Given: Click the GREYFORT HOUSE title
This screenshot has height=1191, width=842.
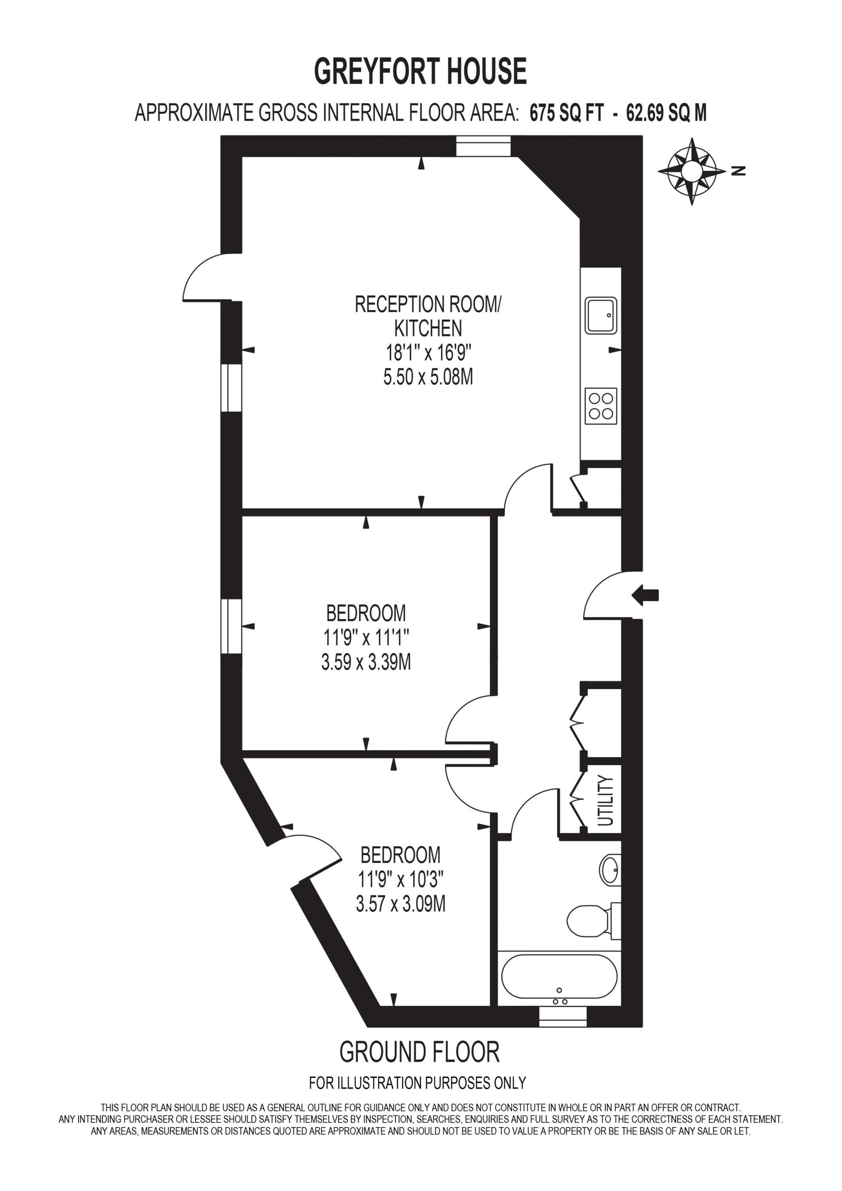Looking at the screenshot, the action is point(420,72).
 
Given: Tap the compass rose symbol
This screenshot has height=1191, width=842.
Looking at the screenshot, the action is point(692,171).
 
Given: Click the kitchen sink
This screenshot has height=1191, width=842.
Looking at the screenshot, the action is point(601,315).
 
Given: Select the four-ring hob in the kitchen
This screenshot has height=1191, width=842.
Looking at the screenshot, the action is point(601,406).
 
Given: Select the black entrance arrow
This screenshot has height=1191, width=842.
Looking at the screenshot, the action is point(645,595).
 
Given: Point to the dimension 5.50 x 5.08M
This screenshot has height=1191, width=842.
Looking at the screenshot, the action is point(428,377).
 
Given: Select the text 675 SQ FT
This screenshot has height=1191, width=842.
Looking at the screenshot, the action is point(567,113).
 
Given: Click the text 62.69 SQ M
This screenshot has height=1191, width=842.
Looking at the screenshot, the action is point(667,113).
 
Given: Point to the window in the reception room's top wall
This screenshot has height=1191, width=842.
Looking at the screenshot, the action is point(483,146).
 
